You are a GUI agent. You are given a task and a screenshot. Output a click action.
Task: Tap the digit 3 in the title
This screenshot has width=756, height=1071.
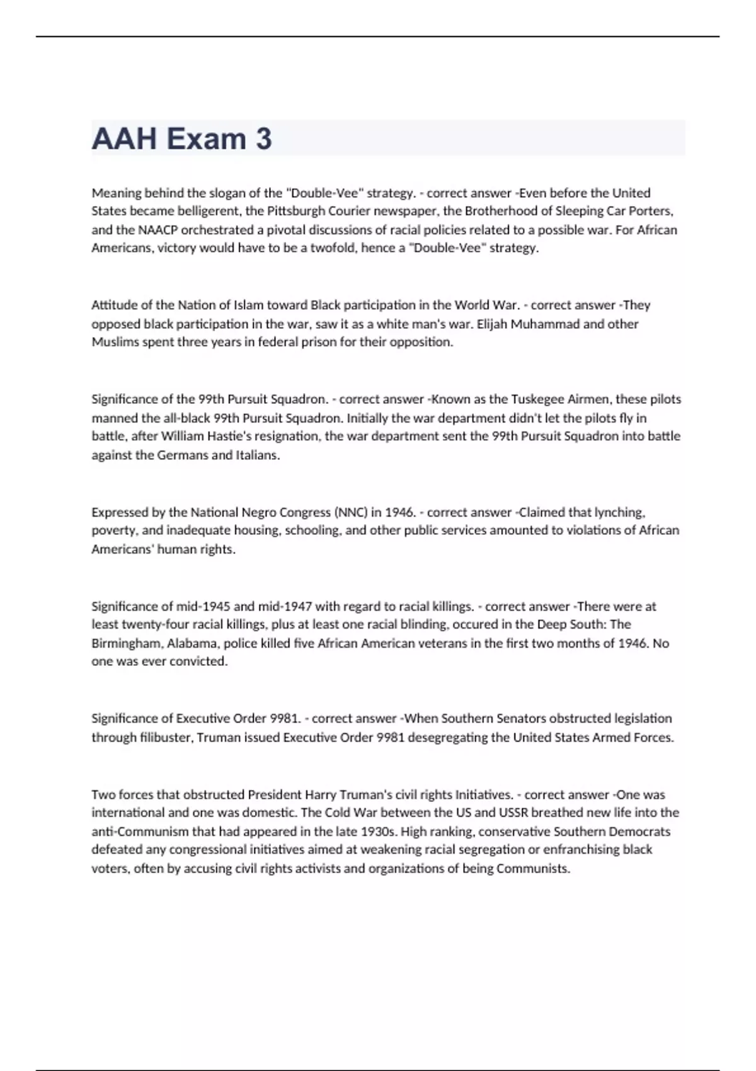coord(263,139)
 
